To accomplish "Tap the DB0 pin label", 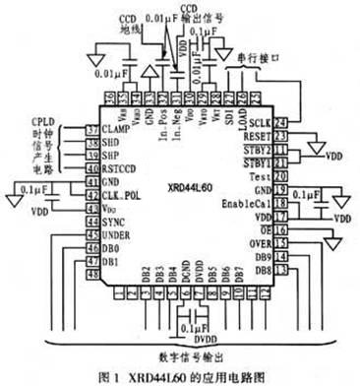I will pyautogui.click(x=112, y=249).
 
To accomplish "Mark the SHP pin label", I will pyautogui.click(x=113, y=155).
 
